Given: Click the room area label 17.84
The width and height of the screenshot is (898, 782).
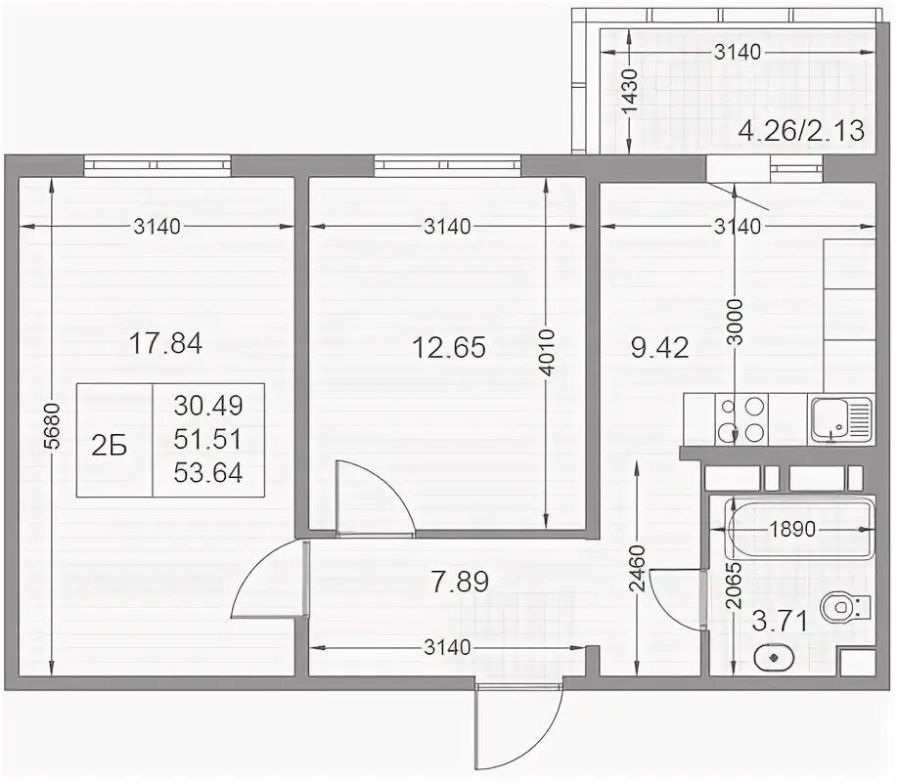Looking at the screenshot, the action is pyautogui.click(x=165, y=344).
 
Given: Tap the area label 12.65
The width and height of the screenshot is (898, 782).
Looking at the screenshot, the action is pyautogui.click(x=449, y=347).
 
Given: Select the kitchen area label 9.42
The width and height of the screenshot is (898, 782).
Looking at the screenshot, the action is pyautogui.click(x=659, y=347).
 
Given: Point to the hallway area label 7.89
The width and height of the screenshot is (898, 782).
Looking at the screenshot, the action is pyautogui.click(x=460, y=582).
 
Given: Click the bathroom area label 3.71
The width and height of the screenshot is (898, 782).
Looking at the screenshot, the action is pyautogui.click(x=780, y=621).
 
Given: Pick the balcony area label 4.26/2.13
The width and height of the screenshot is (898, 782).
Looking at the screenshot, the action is pyautogui.click(x=801, y=131).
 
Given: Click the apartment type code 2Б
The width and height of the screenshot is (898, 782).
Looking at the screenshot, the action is pyautogui.click(x=109, y=446).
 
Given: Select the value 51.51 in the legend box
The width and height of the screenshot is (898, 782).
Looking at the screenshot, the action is pyautogui.click(x=208, y=439).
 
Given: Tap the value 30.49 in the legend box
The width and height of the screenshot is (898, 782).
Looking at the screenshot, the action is pyautogui.click(x=208, y=406).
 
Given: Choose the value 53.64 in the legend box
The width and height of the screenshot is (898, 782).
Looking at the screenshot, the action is pyautogui.click(x=208, y=473).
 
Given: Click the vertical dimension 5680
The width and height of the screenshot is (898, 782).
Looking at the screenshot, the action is pyautogui.click(x=52, y=426).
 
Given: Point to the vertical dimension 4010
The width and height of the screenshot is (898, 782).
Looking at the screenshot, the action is pyautogui.click(x=547, y=352).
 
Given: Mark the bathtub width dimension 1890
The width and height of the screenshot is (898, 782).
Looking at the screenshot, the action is pyautogui.click(x=792, y=529).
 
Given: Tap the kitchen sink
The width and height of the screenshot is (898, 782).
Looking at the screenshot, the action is pyautogui.click(x=840, y=420).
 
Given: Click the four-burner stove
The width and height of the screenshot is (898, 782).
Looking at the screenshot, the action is pyautogui.click(x=741, y=419).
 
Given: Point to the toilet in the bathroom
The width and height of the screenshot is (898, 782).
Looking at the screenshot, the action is pyautogui.click(x=845, y=607).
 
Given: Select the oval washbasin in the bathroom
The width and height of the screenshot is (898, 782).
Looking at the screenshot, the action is pyautogui.click(x=774, y=658).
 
